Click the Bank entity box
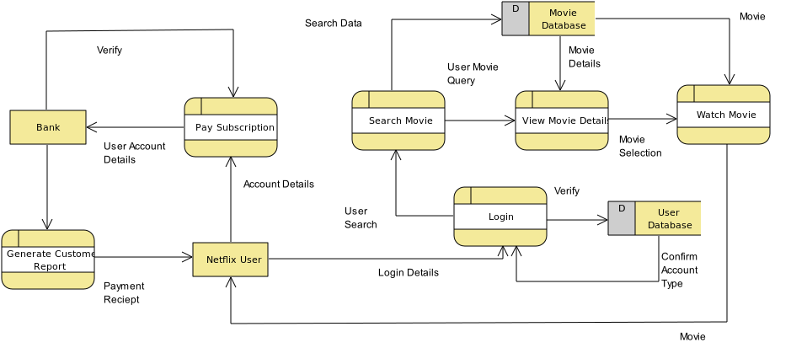pos(48,127)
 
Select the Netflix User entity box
pos(230,260)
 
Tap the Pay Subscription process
pos(231,127)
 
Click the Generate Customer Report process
pos(48,260)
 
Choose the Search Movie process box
pos(398,120)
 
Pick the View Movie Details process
pos(562,120)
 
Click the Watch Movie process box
pos(724,115)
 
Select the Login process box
pos(500,217)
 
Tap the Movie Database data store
pos(562,19)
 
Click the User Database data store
pos(667,218)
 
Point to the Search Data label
pos(333,23)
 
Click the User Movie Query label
pos(472,73)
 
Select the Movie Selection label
pos(639,146)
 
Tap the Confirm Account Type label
pos(679,270)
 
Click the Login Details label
pos(408,272)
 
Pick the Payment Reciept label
pos(123,292)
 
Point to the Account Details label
pos(278,184)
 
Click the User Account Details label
pos(134,153)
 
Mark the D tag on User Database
pos(622,208)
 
